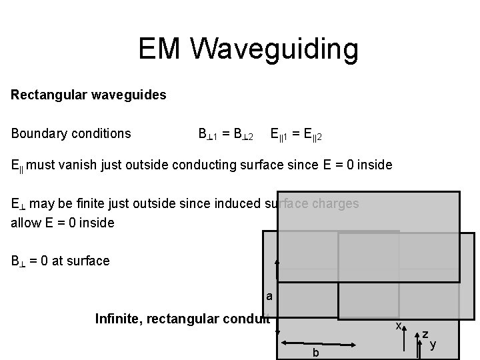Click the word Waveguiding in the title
coord(274,49)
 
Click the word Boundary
coord(36,133)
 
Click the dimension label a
coord(269,295)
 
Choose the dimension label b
coord(316,351)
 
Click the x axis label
coord(398,325)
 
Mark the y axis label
coord(433,344)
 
